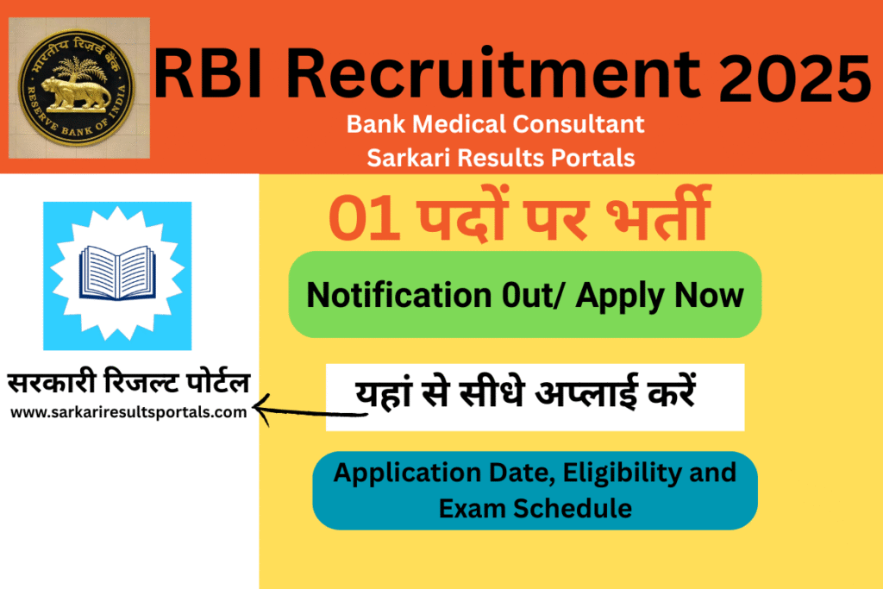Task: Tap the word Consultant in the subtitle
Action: (586, 124)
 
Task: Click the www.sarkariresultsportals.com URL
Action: (128, 412)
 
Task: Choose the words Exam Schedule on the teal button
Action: (535, 508)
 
